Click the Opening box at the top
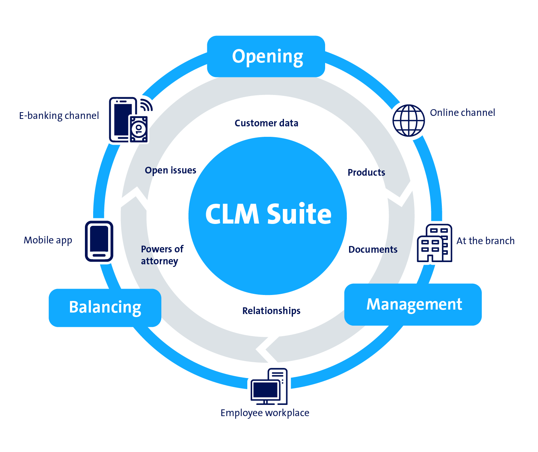(x=266, y=56)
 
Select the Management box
(x=413, y=304)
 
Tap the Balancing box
(x=105, y=307)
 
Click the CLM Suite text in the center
(x=268, y=214)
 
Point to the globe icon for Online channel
(x=408, y=120)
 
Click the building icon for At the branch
(x=434, y=243)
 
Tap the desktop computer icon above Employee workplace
(x=269, y=387)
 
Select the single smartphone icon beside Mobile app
(x=99, y=241)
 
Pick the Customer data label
(x=266, y=123)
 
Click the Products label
(x=366, y=172)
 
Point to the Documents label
(x=373, y=249)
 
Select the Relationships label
(x=271, y=311)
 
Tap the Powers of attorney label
(x=162, y=255)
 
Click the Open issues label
(x=170, y=170)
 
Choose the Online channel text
(x=462, y=113)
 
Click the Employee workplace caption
(x=265, y=413)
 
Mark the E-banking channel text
(x=59, y=116)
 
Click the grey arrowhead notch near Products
(x=400, y=193)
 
